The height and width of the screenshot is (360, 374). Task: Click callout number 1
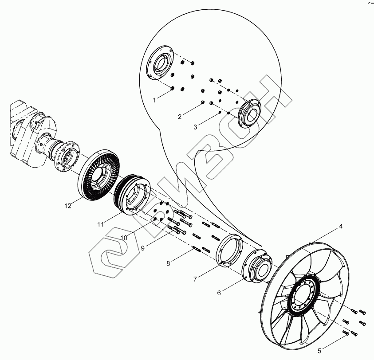(154, 101)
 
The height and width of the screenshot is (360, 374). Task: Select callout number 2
(180, 117)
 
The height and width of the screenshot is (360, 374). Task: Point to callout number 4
(341, 227)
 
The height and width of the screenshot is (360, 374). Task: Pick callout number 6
(218, 293)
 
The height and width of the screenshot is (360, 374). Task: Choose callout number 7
(194, 279)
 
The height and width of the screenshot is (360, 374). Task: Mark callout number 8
(168, 264)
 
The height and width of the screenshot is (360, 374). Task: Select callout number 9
(143, 248)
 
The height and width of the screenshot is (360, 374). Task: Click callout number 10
(124, 238)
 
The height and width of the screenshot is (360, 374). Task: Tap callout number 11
(101, 224)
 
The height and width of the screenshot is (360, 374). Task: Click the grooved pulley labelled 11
(131, 195)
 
